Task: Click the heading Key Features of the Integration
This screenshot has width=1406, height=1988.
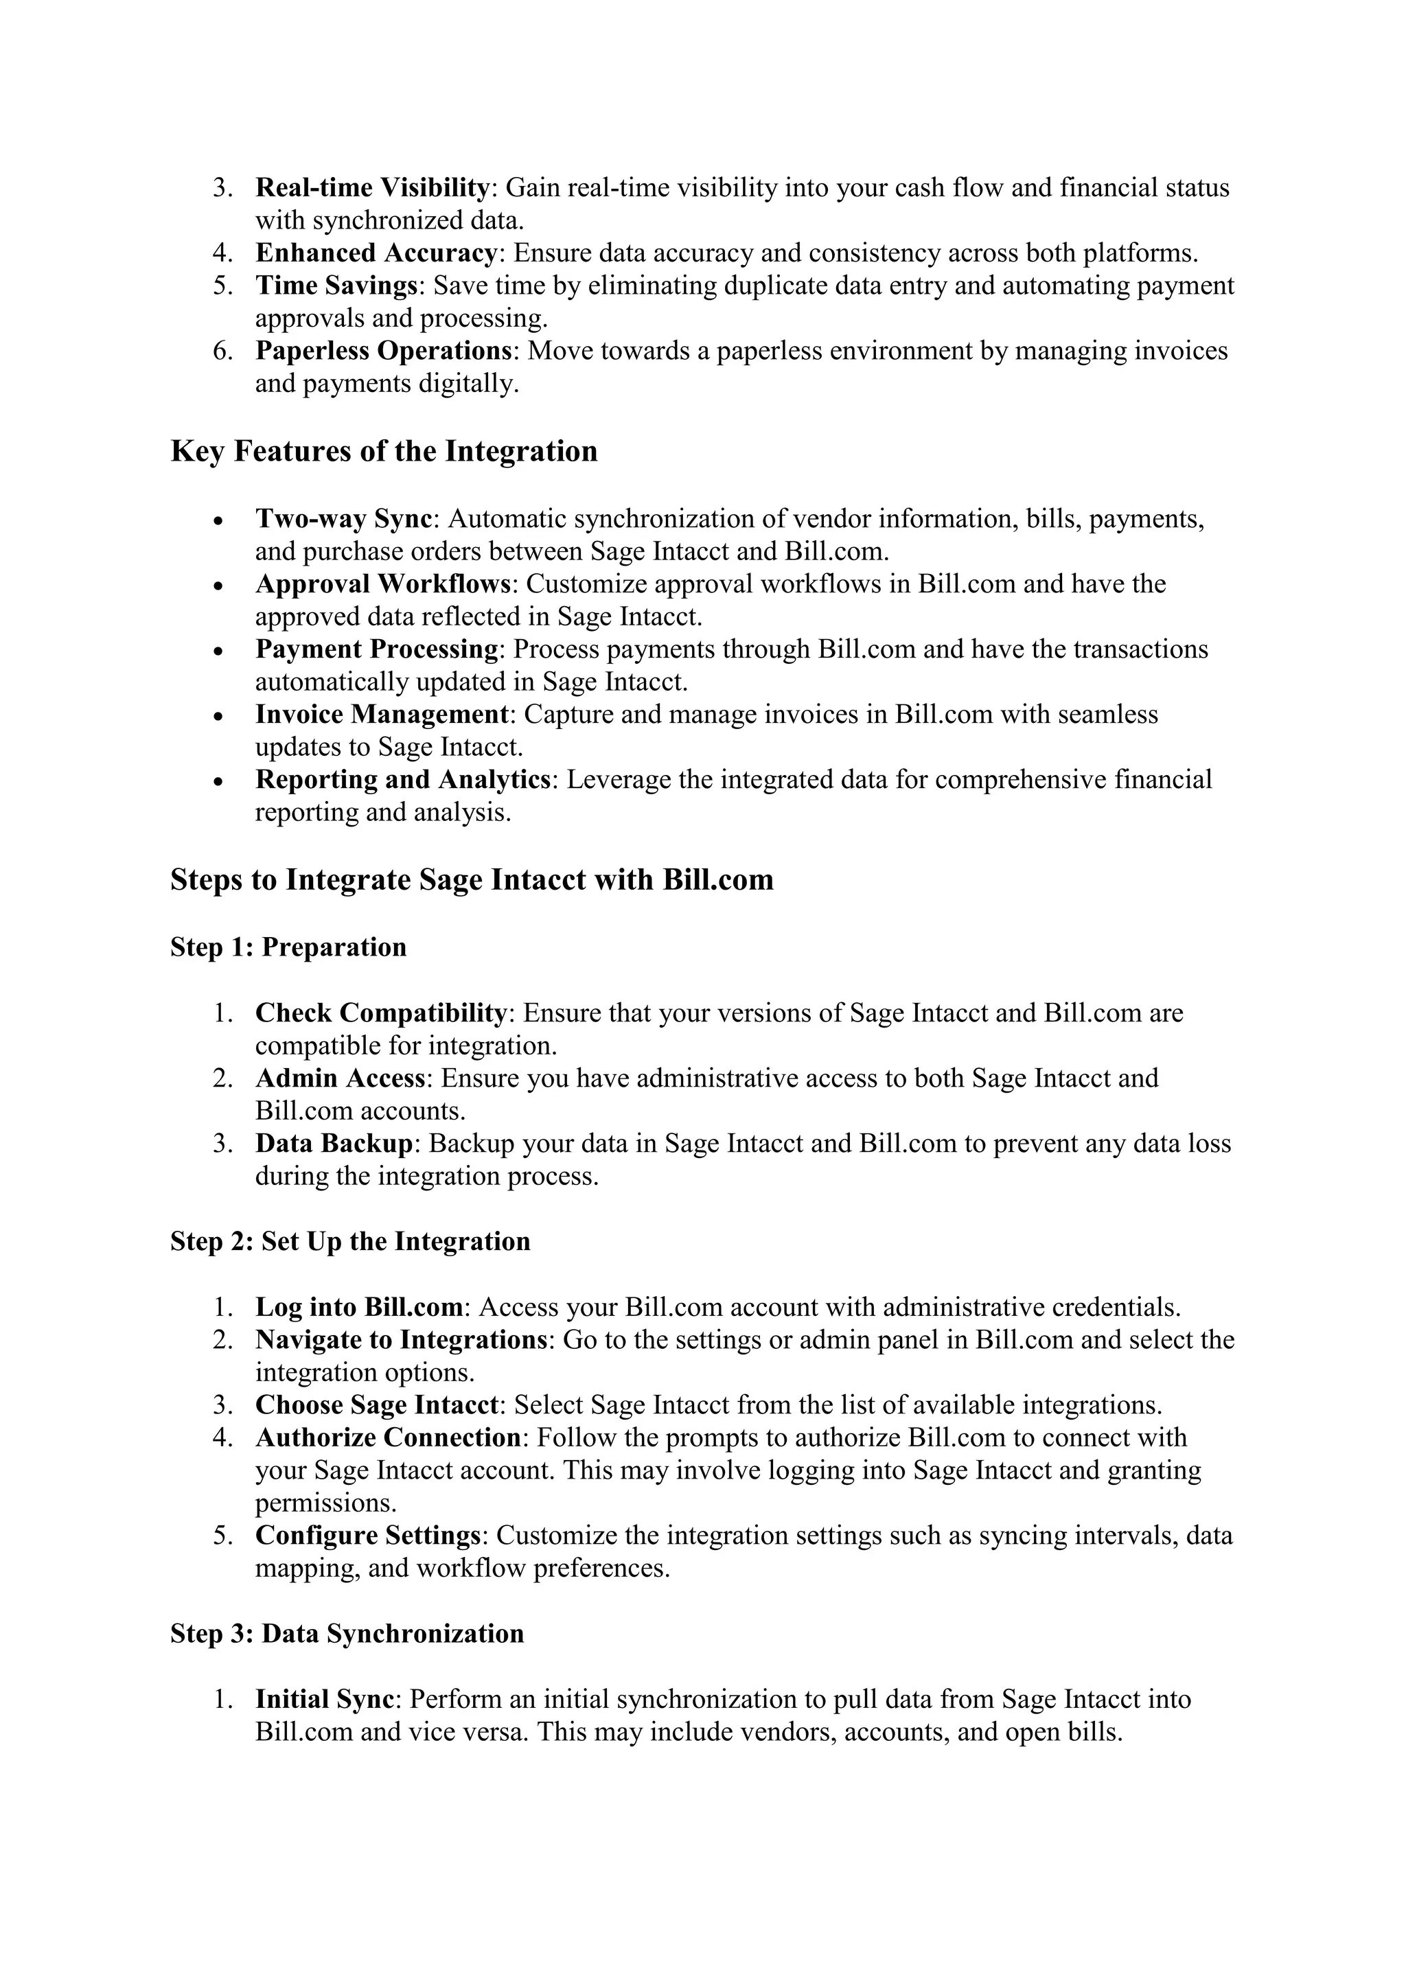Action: pos(384,452)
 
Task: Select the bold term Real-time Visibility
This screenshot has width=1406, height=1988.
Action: pos(372,188)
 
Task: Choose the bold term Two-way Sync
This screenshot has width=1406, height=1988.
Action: pos(344,519)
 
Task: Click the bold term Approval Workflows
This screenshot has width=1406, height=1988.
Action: pos(382,583)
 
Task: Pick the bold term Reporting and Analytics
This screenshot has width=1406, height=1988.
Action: pos(402,779)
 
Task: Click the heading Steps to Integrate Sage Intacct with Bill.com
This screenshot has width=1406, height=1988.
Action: pos(472,880)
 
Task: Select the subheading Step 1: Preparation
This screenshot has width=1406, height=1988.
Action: pos(288,947)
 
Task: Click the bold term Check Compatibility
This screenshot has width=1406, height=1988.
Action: pos(381,1013)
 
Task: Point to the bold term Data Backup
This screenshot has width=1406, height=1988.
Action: pos(334,1144)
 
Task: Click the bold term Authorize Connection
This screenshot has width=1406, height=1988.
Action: pos(388,1437)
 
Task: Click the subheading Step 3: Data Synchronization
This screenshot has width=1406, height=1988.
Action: pos(347,1634)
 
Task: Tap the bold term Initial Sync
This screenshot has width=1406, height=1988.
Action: pos(325,1699)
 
